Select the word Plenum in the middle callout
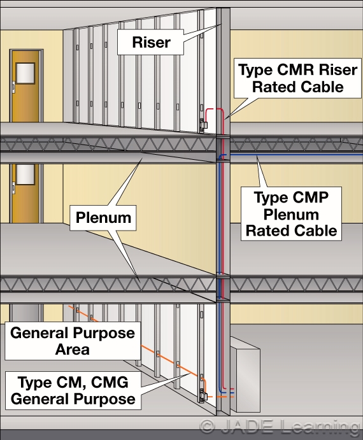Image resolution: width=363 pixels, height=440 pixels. [103, 218]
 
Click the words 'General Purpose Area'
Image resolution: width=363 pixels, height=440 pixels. [73, 341]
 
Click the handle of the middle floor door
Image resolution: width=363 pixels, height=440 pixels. [13, 186]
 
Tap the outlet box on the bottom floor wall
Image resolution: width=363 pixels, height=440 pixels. [203, 396]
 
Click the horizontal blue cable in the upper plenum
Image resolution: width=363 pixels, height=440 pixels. [287, 155]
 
